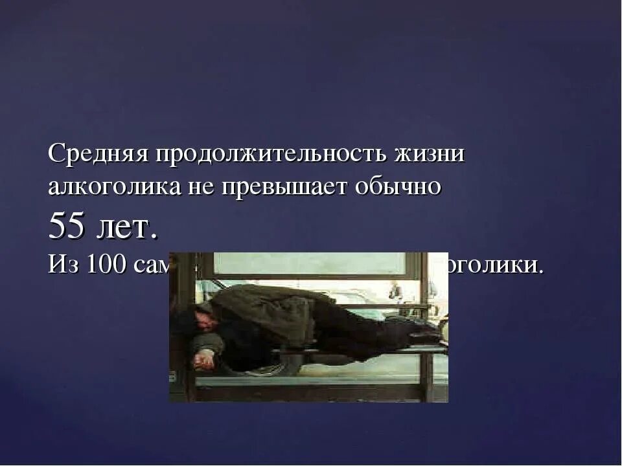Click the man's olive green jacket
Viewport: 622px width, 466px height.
coord(266,311)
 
